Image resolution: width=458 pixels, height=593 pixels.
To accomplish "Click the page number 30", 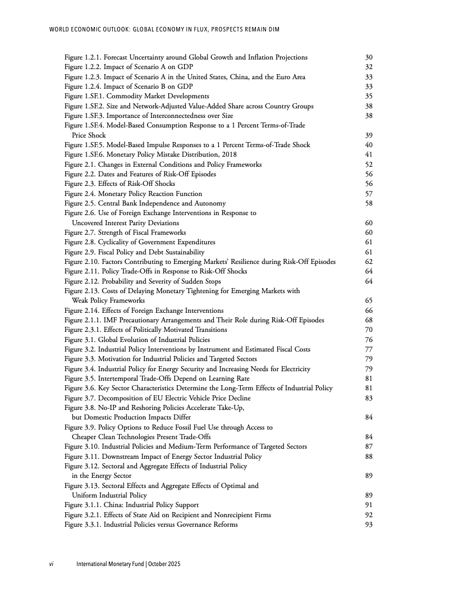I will [369, 57].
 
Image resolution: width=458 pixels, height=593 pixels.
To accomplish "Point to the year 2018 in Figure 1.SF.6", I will [229, 154].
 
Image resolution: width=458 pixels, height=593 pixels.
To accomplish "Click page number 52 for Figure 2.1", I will [369, 165].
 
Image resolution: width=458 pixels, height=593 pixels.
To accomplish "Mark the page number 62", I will [369, 262].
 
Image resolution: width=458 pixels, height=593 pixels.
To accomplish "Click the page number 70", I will [369, 330].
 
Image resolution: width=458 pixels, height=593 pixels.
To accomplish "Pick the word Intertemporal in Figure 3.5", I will [120, 378].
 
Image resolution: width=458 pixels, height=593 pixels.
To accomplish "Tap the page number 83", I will [369, 398].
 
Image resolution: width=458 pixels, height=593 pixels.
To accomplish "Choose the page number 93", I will [369, 524].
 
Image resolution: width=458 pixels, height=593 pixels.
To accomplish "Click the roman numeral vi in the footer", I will [51, 564].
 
